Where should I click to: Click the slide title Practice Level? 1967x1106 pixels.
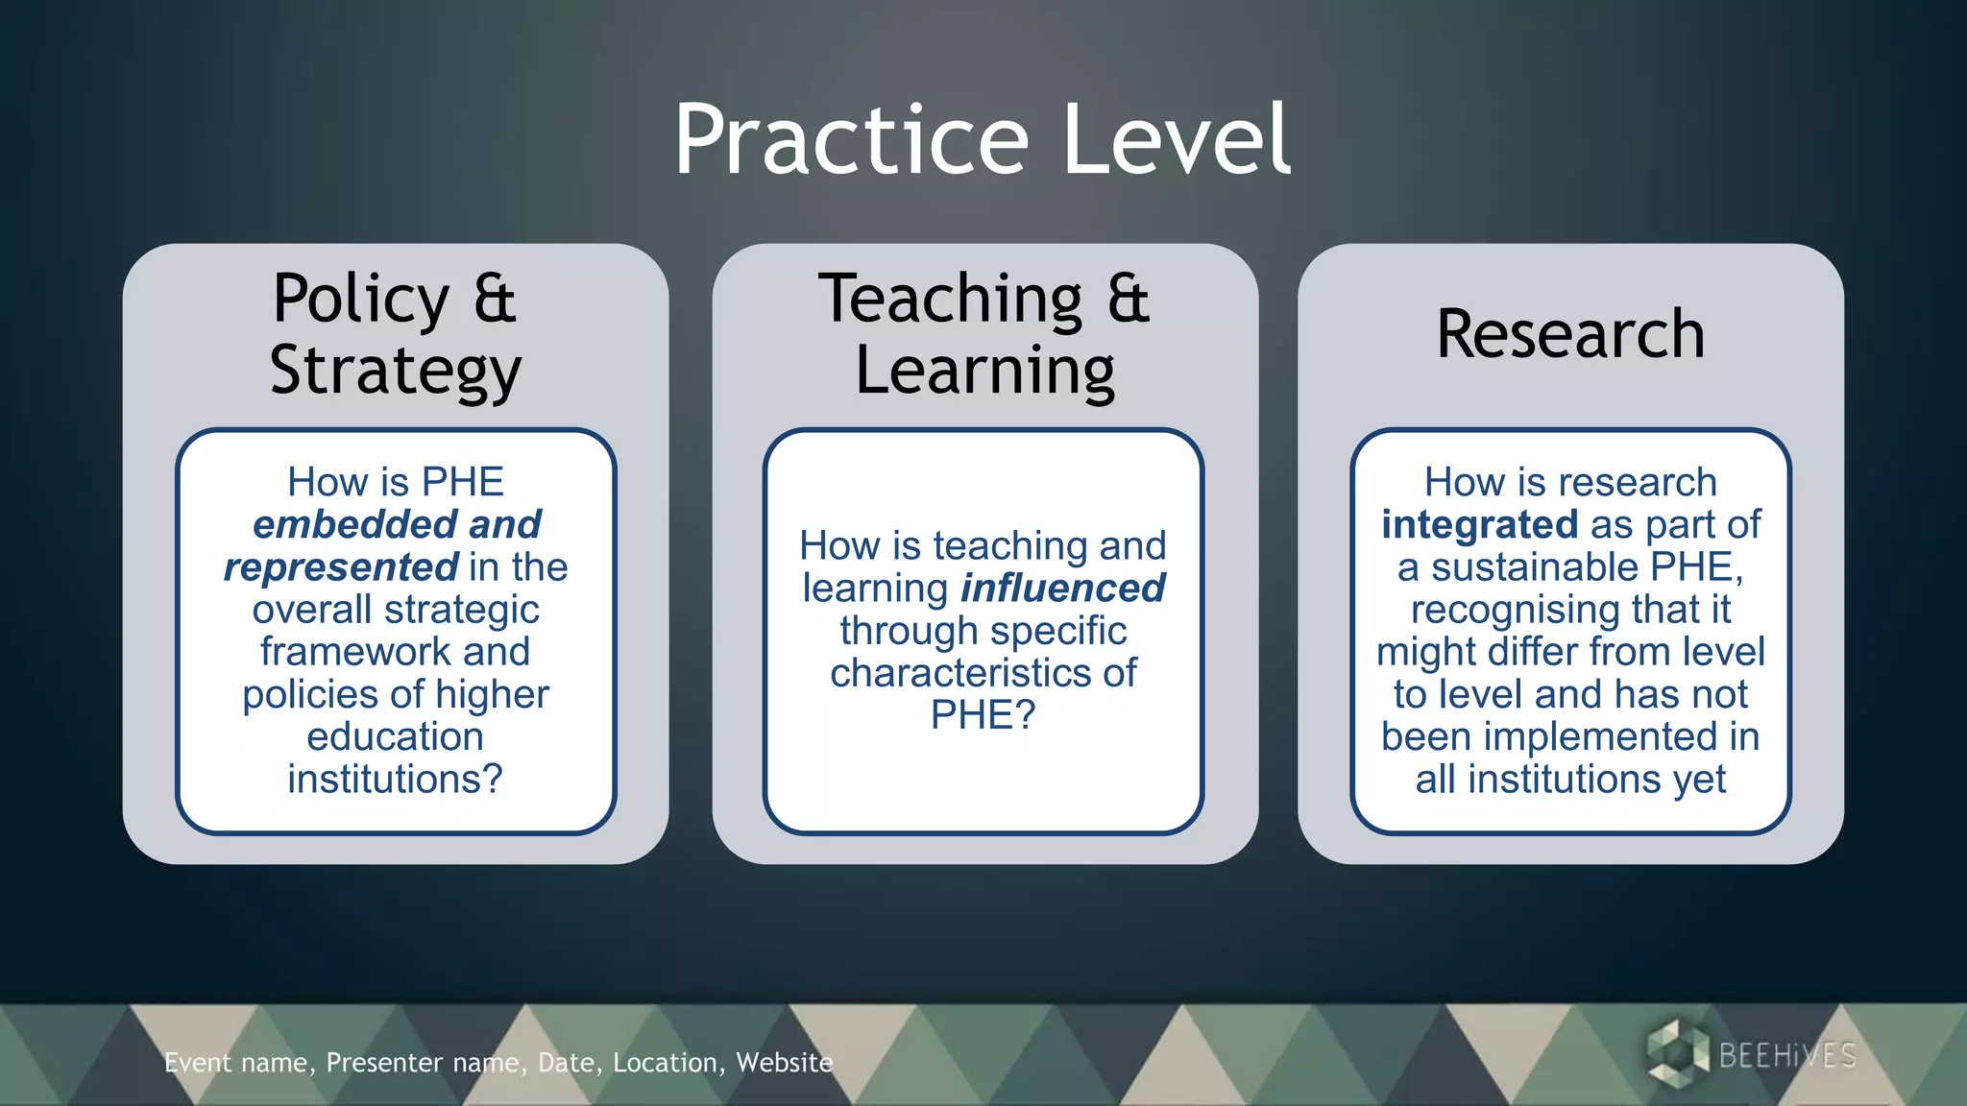pyautogui.click(x=983, y=140)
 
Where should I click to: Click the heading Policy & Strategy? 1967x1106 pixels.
pyautogui.click(x=395, y=334)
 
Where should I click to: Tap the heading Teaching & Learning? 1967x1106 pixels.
pyautogui.click(x=984, y=334)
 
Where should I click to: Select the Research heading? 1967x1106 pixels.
pyautogui.click(x=1570, y=334)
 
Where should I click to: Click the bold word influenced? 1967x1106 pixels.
pyautogui.click(x=1063, y=589)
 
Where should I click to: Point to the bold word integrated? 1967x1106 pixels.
pyautogui.click(x=1479, y=525)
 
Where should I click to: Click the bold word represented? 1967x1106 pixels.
pyautogui.click(x=341, y=567)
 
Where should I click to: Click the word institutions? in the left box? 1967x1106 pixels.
pyautogui.click(x=395, y=779)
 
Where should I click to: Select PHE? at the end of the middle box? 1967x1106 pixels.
pyautogui.click(x=983, y=715)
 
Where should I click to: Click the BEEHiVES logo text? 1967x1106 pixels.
pyautogui.click(x=1786, y=1056)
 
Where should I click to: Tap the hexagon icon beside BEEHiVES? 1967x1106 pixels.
pyautogui.click(x=1676, y=1054)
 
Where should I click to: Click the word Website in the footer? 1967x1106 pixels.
pyautogui.click(x=784, y=1063)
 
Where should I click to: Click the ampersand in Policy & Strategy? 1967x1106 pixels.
pyautogui.click(x=495, y=299)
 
